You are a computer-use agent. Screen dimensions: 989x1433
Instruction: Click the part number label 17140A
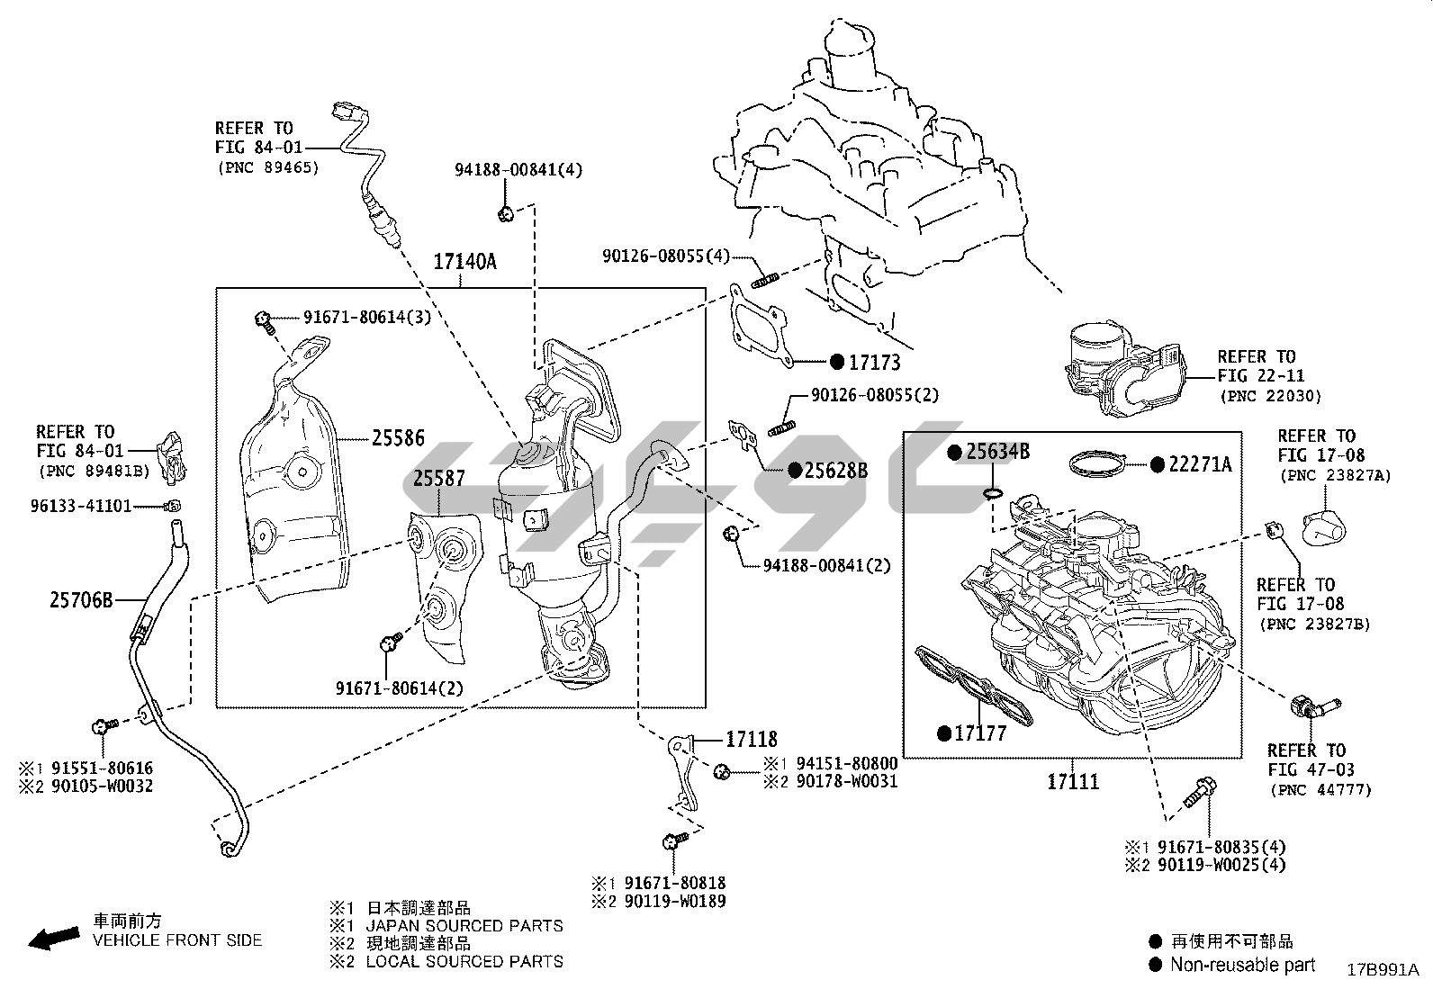[464, 262]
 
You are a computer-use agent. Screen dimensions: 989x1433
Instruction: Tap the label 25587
[439, 478]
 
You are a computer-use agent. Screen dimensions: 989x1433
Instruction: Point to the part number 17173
[875, 363]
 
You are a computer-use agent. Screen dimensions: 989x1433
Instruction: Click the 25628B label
[836, 470]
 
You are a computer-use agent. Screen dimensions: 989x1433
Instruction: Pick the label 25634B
[997, 453]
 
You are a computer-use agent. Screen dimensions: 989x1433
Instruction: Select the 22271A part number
[1200, 464]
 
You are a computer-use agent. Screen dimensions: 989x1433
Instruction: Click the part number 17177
[980, 733]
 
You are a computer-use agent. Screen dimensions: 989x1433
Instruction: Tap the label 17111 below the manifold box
[1073, 781]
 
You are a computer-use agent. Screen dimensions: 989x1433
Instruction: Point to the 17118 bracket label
[752, 740]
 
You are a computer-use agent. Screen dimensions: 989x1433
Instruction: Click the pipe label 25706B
[81, 598]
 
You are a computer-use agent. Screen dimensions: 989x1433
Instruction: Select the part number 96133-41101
[81, 506]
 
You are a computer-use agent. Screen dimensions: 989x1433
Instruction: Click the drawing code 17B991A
[1383, 970]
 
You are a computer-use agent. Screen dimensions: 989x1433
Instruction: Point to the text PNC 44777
[1321, 790]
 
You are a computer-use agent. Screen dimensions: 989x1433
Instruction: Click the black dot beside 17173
[836, 363]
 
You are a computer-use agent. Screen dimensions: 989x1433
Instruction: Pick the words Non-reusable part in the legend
[1242, 965]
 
